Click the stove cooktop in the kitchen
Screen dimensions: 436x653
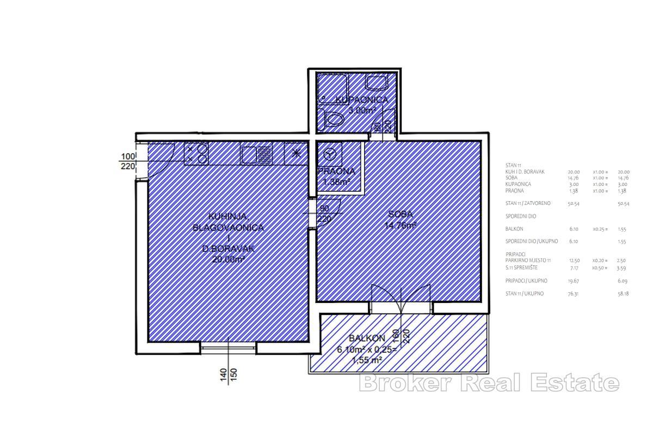(x=196, y=154)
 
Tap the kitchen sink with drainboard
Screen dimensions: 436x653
(x=256, y=154)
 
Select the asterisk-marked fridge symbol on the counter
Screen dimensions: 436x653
(x=297, y=154)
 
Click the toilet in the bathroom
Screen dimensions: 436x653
(x=332, y=118)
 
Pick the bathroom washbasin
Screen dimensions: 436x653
(x=375, y=83)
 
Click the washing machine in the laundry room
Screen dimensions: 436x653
(x=330, y=156)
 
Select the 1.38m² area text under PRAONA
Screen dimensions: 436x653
(x=336, y=182)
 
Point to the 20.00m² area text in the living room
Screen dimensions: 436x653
(x=228, y=259)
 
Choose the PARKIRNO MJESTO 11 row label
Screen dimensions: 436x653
(x=528, y=262)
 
